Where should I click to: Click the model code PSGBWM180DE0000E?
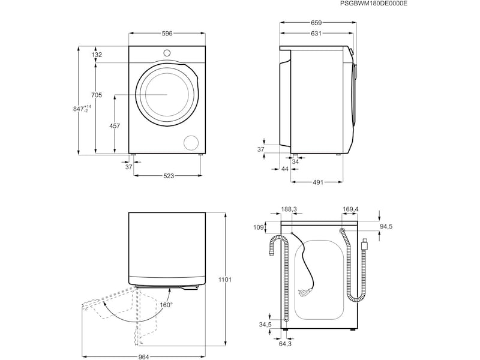(x=373, y=4)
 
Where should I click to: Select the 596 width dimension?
(x=167, y=34)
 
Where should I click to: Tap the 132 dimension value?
(x=97, y=55)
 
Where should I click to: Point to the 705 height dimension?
(x=97, y=95)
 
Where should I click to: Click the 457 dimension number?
(x=115, y=126)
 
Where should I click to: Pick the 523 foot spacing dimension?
(x=169, y=176)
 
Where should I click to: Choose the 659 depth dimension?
(x=316, y=23)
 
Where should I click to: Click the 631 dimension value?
(x=316, y=34)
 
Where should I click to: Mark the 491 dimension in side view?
(x=318, y=182)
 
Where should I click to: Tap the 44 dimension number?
(x=285, y=169)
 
